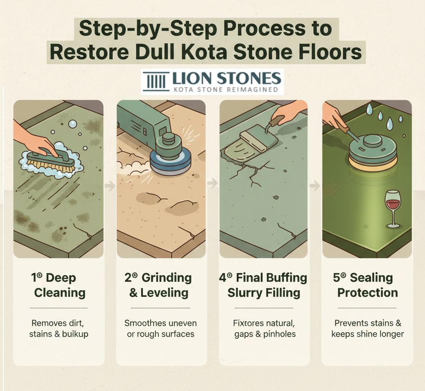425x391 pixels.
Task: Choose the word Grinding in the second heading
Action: (166, 278)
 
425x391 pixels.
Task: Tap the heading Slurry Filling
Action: (264, 292)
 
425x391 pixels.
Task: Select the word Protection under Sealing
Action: (367, 292)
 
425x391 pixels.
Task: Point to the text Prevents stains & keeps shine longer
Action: (367, 328)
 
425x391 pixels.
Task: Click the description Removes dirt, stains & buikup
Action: (59, 328)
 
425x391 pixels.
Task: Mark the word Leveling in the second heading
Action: (164, 292)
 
